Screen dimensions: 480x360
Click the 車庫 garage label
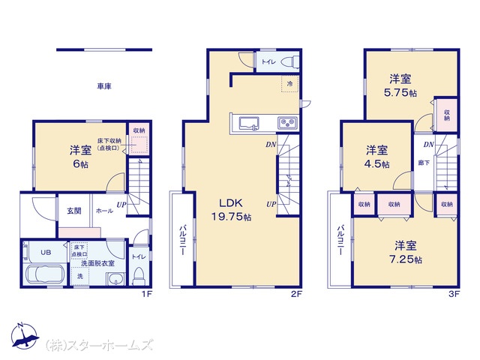tap(104, 86)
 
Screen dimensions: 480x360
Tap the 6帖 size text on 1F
tap(80, 164)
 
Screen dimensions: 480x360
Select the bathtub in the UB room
tap(45, 274)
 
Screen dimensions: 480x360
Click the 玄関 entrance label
tap(74, 211)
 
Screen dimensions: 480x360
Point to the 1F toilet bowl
tap(139, 276)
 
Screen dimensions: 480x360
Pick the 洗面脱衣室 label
tap(97, 263)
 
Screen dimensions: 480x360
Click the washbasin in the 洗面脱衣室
tap(116, 279)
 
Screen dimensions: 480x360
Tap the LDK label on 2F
tap(231, 202)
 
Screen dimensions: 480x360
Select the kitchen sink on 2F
tap(248, 124)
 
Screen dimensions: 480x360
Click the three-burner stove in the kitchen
tap(287, 123)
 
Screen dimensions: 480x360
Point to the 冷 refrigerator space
tap(289, 83)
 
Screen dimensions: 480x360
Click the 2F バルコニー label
tap(182, 240)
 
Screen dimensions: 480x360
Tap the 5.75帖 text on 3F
tap(400, 92)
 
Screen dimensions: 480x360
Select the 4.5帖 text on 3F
tap(376, 163)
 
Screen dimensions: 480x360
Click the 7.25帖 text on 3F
tap(406, 259)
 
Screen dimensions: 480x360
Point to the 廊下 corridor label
tap(424, 163)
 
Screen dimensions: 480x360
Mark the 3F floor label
tap(454, 294)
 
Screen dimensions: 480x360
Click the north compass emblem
tap(25, 336)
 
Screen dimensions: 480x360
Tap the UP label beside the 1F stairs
tap(121, 205)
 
